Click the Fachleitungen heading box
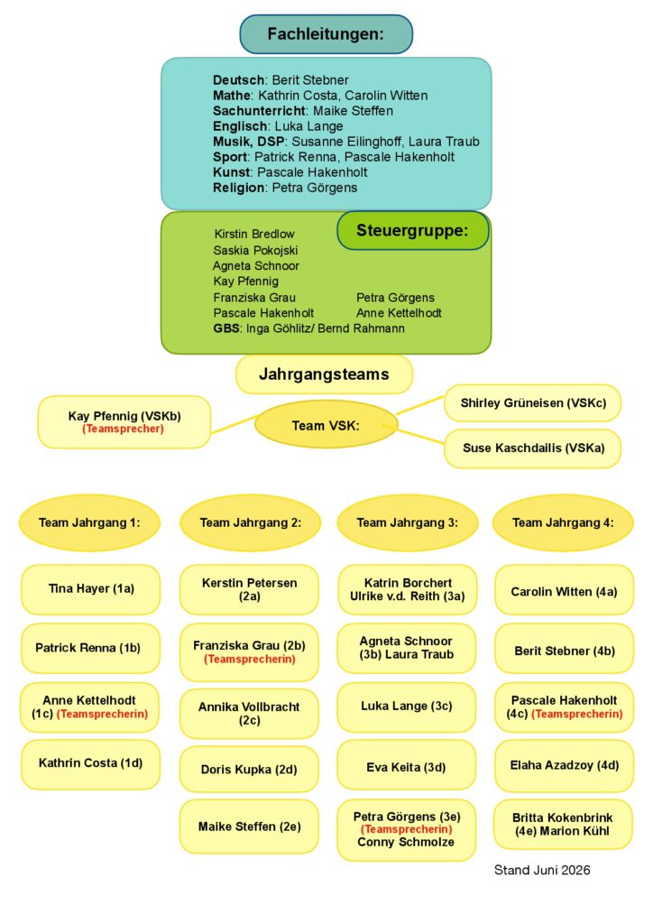pos(326,34)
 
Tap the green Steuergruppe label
pos(413,230)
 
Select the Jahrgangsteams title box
pos(324,374)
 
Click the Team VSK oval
pos(326,425)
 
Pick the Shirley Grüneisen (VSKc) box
pos(533,403)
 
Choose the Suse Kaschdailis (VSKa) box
pos(533,448)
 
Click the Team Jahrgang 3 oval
pos(408,522)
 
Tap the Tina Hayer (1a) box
pos(91,589)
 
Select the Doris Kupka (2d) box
pos(249,769)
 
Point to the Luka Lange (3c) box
pos(406,707)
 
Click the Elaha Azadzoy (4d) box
pos(564,765)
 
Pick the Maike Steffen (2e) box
pos(249,827)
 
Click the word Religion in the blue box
pos(238,188)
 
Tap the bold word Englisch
pos(240,126)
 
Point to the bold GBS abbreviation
pos(226,328)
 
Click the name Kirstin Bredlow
pos(253,234)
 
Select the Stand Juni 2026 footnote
pos(542,870)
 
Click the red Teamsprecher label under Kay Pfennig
pos(123,429)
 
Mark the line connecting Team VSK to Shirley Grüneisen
pos(420,405)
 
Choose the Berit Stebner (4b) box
pos(564,651)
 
